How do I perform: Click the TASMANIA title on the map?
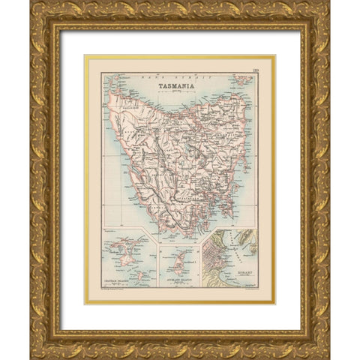coord(178,85)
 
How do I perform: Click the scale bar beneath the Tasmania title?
coord(178,92)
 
